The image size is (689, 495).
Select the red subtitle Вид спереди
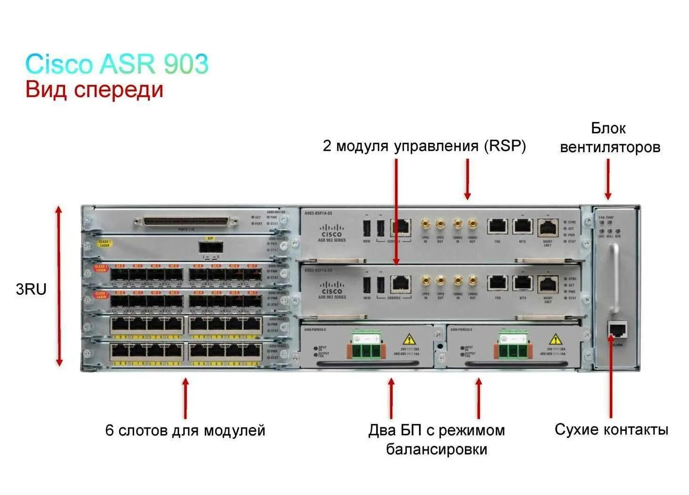(x=94, y=89)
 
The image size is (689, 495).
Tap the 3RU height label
(x=31, y=289)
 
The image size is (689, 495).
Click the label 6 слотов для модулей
(x=185, y=430)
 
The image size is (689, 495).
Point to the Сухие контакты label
(x=611, y=429)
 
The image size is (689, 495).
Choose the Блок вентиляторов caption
(x=609, y=138)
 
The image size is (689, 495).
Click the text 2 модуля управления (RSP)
(x=424, y=146)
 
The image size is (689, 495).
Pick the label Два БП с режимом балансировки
(x=436, y=439)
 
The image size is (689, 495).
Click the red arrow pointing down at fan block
(x=608, y=179)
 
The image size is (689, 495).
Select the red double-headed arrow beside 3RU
(x=59, y=286)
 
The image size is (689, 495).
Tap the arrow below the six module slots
(x=186, y=398)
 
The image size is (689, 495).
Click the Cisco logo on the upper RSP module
(x=332, y=231)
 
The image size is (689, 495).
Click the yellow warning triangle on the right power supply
(x=556, y=339)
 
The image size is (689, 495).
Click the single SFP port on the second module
(x=210, y=247)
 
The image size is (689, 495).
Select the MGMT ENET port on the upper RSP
(x=547, y=227)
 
